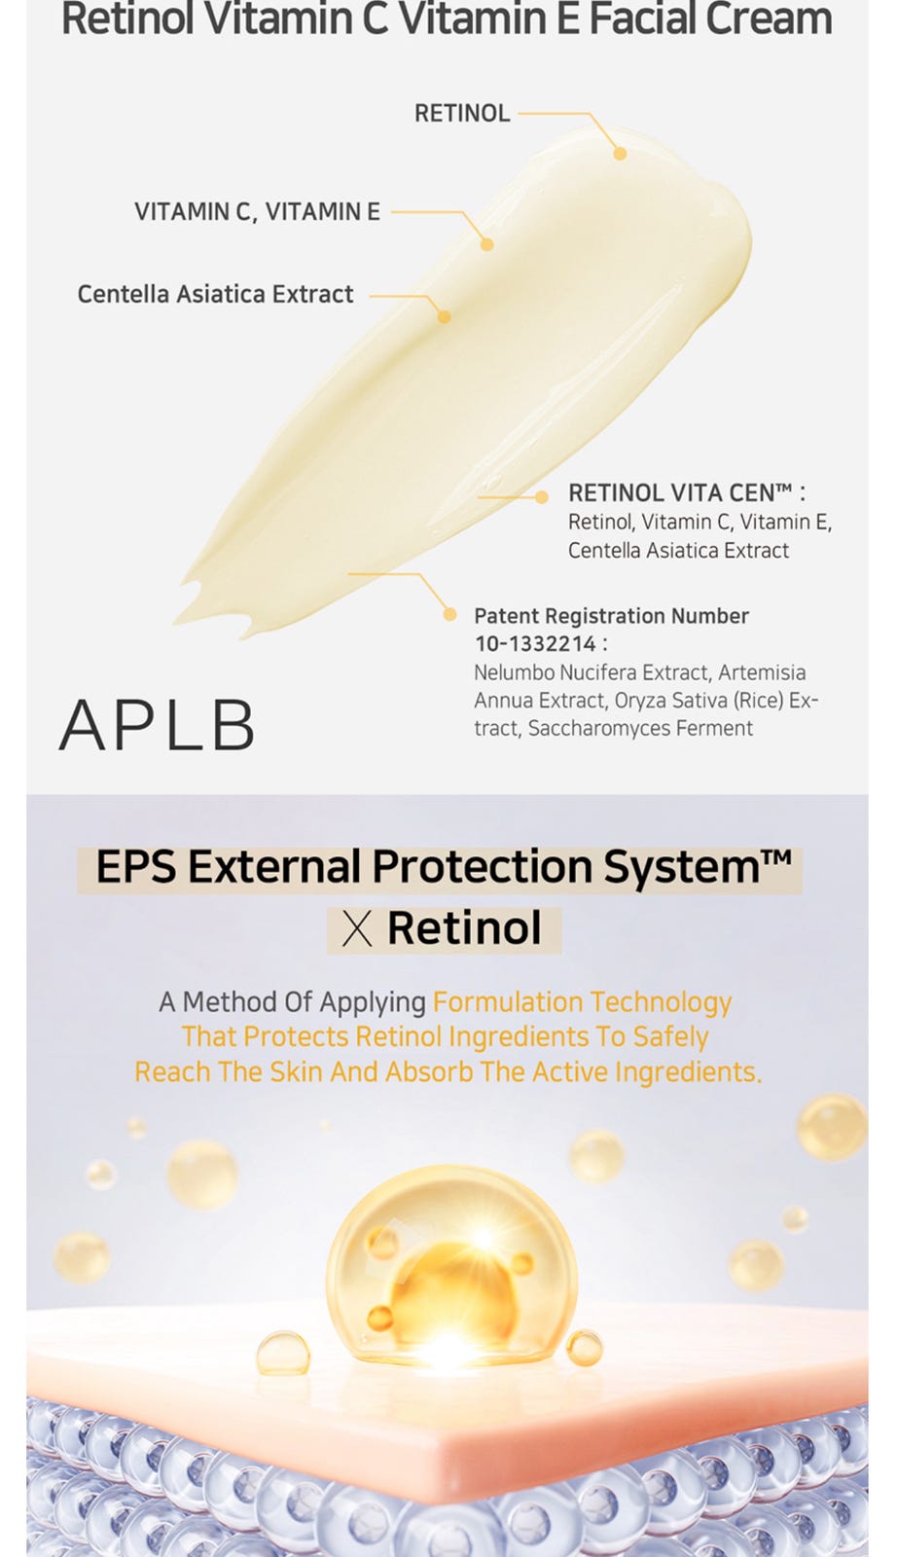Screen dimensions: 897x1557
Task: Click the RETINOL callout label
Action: pyautogui.click(x=462, y=113)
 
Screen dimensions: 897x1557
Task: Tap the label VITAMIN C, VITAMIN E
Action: pyautogui.click(x=257, y=211)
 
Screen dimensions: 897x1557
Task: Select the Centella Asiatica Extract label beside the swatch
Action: pyautogui.click(x=215, y=294)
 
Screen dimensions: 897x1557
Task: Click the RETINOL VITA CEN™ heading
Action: pyautogui.click(x=687, y=492)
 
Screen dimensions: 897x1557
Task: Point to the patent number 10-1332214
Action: pyautogui.click(x=535, y=643)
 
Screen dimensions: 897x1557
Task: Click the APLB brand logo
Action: pyautogui.click(x=157, y=725)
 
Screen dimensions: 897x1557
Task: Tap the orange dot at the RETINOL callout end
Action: pyautogui.click(x=620, y=154)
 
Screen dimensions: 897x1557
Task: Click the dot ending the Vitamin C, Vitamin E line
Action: pyautogui.click(x=487, y=244)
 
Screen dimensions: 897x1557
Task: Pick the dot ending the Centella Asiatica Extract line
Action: pyautogui.click(x=444, y=317)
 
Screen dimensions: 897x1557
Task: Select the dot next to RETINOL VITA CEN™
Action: pyautogui.click(x=541, y=496)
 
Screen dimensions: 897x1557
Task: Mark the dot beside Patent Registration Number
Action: pyautogui.click(x=449, y=614)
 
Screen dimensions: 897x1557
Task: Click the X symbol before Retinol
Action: pyautogui.click(x=357, y=930)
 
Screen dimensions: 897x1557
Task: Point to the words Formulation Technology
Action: pyautogui.click(x=582, y=1003)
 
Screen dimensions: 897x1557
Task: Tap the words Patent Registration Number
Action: pyautogui.click(x=611, y=616)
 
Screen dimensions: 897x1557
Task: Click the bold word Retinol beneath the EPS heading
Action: pyautogui.click(x=464, y=928)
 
